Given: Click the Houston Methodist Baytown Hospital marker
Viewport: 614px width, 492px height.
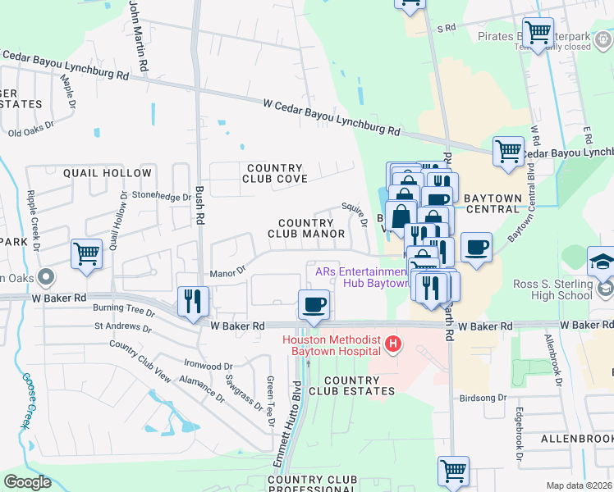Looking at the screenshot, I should (x=393, y=343).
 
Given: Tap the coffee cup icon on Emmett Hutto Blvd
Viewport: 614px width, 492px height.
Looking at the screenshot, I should (x=314, y=305).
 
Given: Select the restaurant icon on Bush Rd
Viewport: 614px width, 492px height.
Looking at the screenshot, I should (x=194, y=301).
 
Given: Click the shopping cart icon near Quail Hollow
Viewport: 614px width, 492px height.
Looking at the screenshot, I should (x=86, y=253).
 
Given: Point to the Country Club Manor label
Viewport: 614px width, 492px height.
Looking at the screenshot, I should (x=305, y=228).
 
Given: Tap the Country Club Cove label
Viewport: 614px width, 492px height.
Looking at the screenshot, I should (x=274, y=173).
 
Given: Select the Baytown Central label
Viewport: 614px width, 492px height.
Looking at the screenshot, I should (x=493, y=203).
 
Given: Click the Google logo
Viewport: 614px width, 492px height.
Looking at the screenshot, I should (x=28, y=482).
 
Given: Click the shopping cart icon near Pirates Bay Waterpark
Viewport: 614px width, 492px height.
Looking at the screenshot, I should (x=538, y=34).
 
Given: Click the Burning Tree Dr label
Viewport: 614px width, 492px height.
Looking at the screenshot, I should (x=124, y=312).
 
